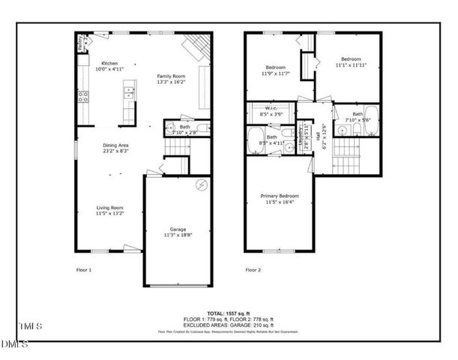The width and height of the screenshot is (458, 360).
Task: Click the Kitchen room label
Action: [x=109, y=63]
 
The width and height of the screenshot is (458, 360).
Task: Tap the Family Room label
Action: [x=171, y=76]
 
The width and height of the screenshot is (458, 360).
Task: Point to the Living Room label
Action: [x=109, y=208]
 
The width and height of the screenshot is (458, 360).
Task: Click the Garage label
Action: [x=178, y=229]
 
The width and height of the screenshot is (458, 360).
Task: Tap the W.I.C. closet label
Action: [x=272, y=109]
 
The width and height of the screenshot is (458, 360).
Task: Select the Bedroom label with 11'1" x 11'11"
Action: [x=351, y=59]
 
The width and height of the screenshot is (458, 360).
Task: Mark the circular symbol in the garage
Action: [x=200, y=185]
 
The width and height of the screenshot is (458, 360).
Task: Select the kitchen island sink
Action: [x=128, y=93]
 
